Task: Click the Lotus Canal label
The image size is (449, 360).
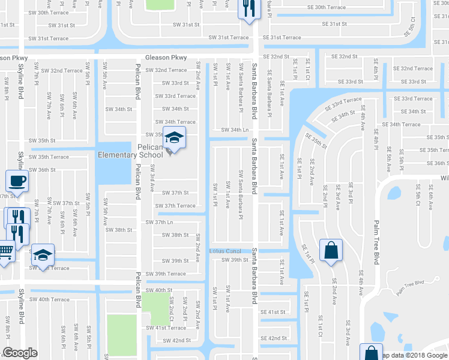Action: pyautogui.click(x=224, y=250)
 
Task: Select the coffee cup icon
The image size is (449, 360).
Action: pyautogui.click(x=16, y=182)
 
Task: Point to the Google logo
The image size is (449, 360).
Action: pyautogui.click(x=20, y=353)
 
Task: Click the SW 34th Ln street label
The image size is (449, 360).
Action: pyautogui.click(x=234, y=130)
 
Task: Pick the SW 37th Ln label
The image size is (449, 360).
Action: pyautogui.click(x=159, y=223)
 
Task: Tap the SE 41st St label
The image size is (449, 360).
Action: pyautogui.click(x=273, y=313)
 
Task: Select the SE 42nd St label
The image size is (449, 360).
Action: pyautogui.click(x=273, y=338)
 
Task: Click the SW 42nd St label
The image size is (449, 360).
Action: pyautogui.click(x=177, y=340)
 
